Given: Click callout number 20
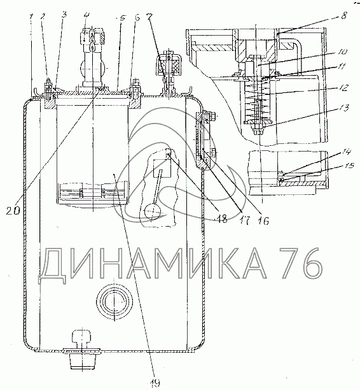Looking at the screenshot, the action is tap(13, 211).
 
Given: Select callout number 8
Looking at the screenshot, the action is tap(343, 16).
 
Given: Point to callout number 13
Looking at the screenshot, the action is tap(344, 108).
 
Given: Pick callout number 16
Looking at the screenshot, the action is tap(263, 220).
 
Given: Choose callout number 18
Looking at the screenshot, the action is tap(222, 219).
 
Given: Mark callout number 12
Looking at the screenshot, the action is tap(343, 88).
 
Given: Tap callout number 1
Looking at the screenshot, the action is tap(31, 17).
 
